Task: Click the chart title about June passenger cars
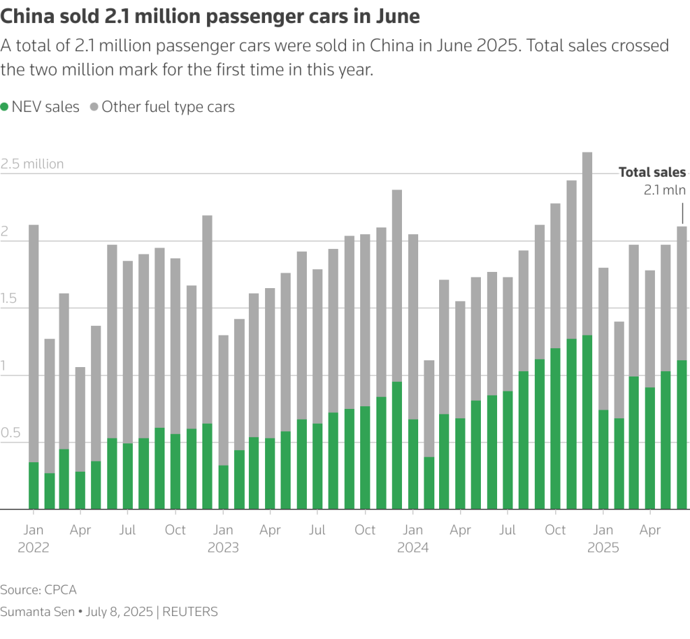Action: [x=210, y=17]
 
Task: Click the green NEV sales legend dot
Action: [x=5, y=107]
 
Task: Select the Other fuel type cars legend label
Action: [x=168, y=107]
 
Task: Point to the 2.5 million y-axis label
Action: [x=32, y=164]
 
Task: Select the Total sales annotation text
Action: [x=652, y=173]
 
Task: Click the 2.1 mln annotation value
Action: [x=664, y=190]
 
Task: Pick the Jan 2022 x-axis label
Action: [x=33, y=538]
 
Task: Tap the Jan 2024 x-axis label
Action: [x=413, y=538]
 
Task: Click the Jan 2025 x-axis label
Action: [x=603, y=538]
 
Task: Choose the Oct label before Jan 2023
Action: [x=175, y=530]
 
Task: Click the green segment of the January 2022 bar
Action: [x=34, y=486]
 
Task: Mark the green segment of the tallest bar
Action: [x=587, y=422]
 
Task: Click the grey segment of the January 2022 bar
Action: [x=34, y=344]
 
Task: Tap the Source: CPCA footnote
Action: [x=38, y=590]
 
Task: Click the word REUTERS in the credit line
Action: [x=191, y=612]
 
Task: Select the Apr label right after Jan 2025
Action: [x=650, y=530]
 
